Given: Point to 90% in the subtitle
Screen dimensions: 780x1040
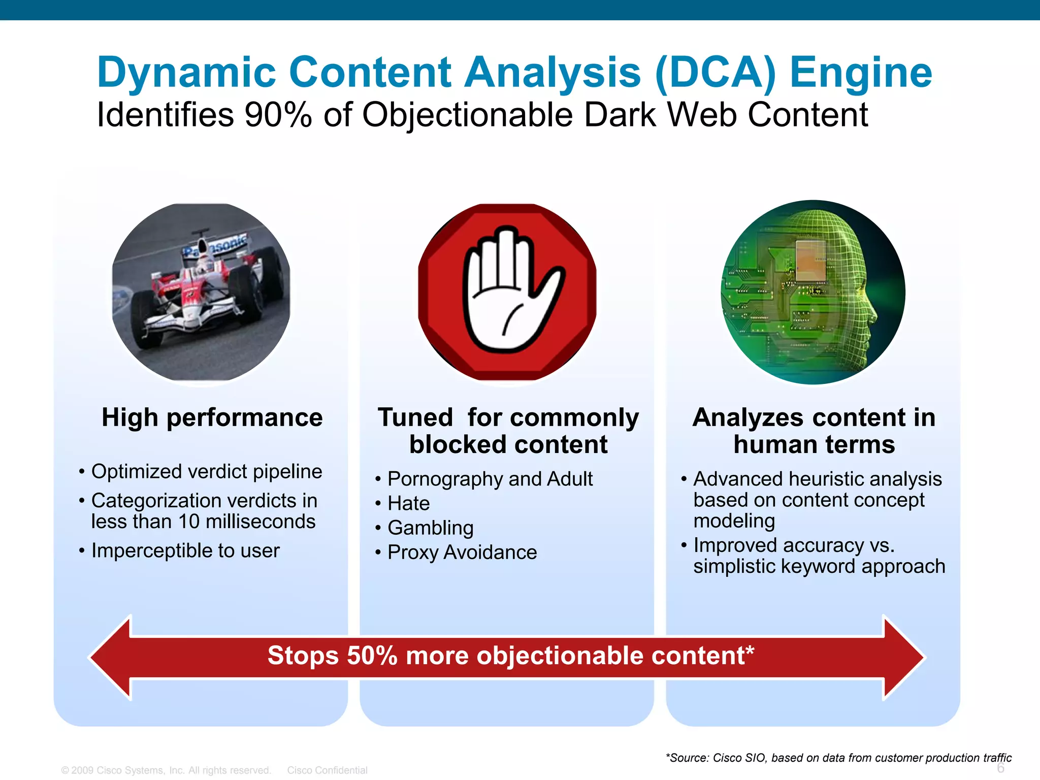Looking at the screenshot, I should (x=277, y=115).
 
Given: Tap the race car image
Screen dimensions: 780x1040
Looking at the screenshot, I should (x=201, y=292).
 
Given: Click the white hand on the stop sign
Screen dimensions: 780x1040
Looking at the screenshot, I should (x=508, y=292).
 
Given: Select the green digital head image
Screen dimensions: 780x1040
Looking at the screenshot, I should (x=812, y=292).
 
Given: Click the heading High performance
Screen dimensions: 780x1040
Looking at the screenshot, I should (x=212, y=418).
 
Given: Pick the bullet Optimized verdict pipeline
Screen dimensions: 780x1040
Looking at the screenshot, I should (x=206, y=472).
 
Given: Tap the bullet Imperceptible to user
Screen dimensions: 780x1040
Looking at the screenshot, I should (x=185, y=551).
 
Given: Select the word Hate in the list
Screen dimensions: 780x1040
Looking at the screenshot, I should (x=408, y=504).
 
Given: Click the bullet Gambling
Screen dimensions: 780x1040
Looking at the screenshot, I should (x=430, y=528).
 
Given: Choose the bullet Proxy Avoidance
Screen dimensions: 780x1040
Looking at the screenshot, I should (x=462, y=552).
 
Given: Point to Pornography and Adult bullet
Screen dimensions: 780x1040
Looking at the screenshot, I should (x=490, y=479).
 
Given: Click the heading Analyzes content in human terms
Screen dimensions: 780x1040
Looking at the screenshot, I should (x=814, y=431).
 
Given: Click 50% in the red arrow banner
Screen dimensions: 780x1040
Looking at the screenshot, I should (x=372, y=656).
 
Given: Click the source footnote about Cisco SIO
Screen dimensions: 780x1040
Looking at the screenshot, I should (x=838, y=758).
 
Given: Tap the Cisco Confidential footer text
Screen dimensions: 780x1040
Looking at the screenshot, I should (x=327, y=770).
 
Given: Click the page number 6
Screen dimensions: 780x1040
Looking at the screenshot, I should (x=1000, y=768).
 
